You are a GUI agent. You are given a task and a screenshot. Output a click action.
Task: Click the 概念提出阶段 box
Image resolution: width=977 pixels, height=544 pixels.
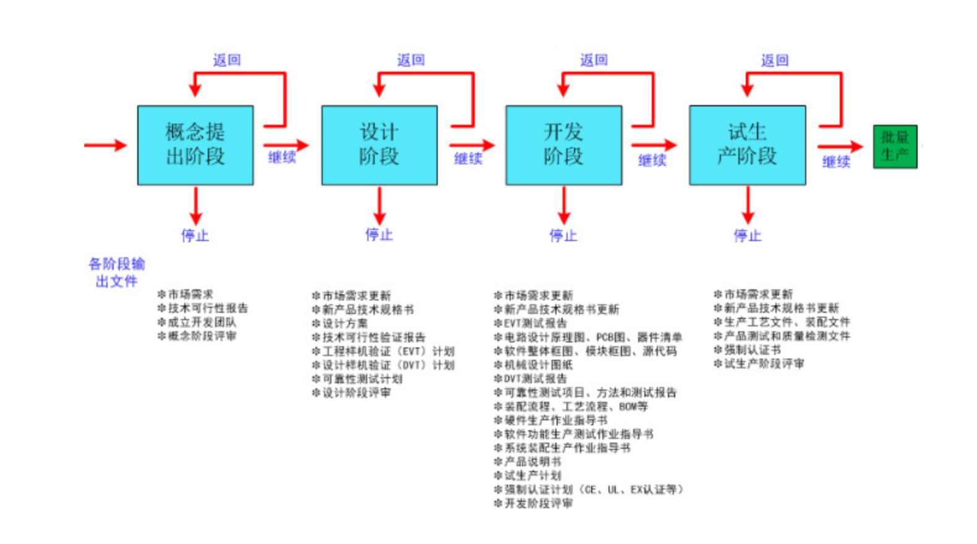coord(195,145)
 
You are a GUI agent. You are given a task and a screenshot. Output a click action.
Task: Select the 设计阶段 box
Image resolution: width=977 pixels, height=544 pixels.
coord(379,145)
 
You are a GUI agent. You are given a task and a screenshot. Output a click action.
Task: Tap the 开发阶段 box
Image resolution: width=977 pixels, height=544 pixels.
coord(563,145)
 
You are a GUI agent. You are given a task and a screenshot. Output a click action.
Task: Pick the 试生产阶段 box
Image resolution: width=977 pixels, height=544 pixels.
coord(747,145)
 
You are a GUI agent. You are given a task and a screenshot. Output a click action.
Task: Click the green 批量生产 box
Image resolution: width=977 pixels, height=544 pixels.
coord(895,147)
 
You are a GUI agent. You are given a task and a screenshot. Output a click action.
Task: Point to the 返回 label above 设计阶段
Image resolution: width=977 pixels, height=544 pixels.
coord(411,60)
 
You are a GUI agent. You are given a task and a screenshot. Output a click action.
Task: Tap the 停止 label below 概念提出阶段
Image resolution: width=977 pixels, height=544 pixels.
coord(195,236)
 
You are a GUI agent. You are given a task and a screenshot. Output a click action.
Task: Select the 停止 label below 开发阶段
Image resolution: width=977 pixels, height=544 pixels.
coord(563,236)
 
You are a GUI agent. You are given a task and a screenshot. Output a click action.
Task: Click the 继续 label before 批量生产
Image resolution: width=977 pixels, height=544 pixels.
coord(836,162)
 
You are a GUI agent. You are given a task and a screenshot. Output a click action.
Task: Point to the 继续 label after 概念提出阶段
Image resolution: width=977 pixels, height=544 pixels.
coord(282,157)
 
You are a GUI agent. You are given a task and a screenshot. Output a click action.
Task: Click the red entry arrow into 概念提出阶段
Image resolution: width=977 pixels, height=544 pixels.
coord(105,145)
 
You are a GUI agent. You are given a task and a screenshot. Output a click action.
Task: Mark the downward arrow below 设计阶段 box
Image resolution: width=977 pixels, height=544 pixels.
coord(379,205)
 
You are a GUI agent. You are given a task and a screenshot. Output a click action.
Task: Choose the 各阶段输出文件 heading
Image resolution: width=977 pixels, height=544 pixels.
coord(116,273)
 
